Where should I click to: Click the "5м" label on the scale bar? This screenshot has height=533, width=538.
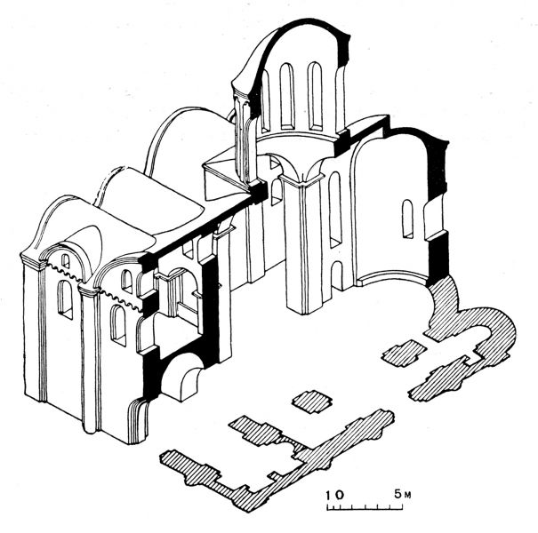pyautogui.click(x=402, y=494)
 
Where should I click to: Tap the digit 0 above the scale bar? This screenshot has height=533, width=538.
pyautogui.click(x=338, y=495)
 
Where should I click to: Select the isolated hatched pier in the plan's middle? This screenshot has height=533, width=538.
pyautogui.click(x=312, y=402)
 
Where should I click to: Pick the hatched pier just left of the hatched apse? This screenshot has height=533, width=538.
pyautogui.click(x=405, y=353)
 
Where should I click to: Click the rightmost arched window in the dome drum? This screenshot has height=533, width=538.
pyautogui.click(x=315, y=96)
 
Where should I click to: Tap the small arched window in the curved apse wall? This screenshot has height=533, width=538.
pyautogui.click(x=407, y=219)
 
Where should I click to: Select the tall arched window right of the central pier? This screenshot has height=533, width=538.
pyautogui.click(x=335, y=210)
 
